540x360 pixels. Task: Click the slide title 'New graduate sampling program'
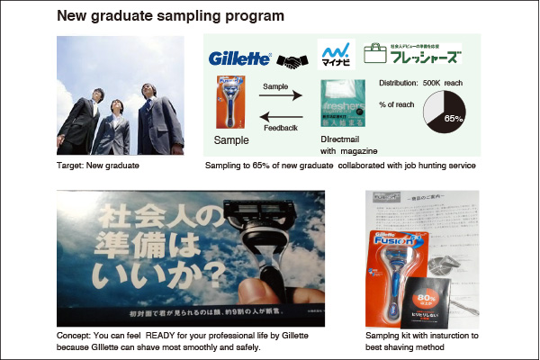point(171,16)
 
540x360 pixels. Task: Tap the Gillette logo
point(238,58)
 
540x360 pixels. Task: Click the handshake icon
point(292,60)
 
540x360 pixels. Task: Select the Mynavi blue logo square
point(336,54)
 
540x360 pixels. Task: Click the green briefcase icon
point(375,53)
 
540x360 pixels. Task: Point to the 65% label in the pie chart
point(454,118)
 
